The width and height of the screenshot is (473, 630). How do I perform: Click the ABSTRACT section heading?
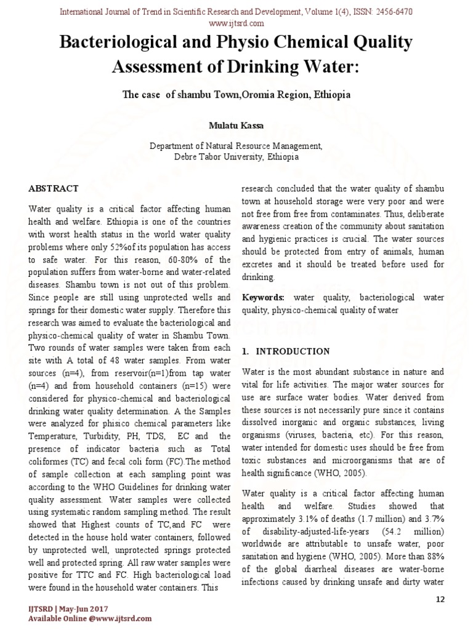coord(54,188)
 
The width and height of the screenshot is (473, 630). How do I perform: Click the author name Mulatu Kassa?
coord(236,126)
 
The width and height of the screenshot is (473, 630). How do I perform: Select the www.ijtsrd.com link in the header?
coord(236,23)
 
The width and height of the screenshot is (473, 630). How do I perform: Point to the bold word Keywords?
coord(263,298)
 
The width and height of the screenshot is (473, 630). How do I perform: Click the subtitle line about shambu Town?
coord(236,96)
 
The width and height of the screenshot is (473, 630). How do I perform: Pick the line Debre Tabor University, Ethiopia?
coord(236,157)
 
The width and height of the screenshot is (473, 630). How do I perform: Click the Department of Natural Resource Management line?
coord(236,146)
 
